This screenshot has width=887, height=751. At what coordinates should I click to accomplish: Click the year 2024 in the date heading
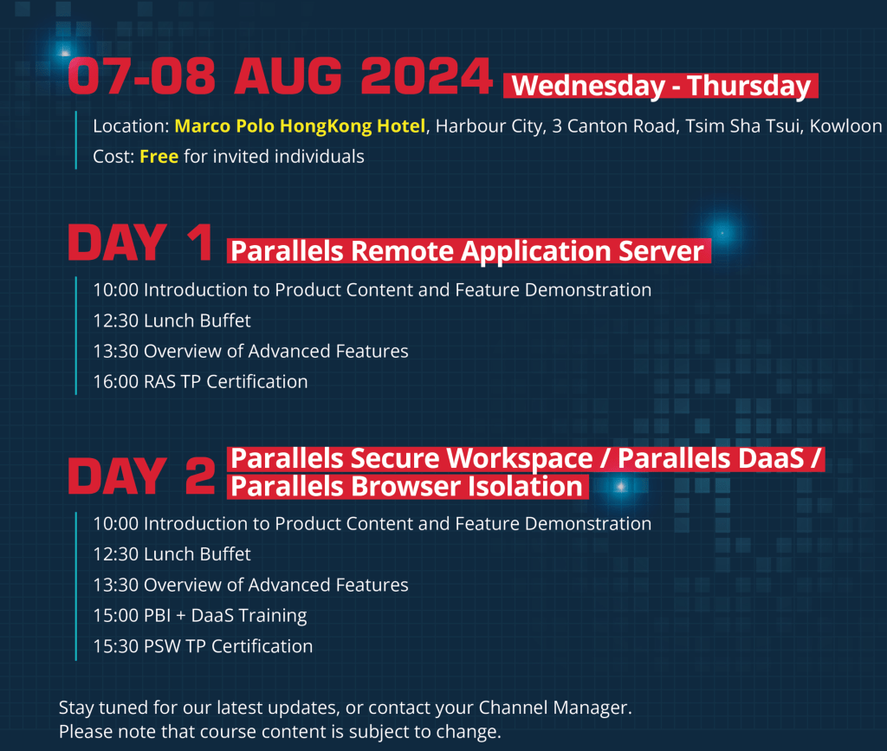[x=426, y=75]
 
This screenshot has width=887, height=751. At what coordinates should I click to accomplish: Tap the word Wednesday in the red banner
[x=588, y=86]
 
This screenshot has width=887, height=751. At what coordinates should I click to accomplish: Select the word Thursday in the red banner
[x=749, y=86]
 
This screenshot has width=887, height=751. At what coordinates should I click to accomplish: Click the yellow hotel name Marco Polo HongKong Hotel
[x=300, y=126]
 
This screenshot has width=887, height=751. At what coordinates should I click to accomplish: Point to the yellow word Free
[x=159, y=157]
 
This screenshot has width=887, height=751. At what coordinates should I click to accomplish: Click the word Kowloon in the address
[x=845, y=126]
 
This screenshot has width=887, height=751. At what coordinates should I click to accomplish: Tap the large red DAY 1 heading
[x=140, y=243]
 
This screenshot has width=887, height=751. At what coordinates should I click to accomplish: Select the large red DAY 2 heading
[x=141, y=476]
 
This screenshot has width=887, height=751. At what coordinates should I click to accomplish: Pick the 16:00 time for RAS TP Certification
[x=115, y=382]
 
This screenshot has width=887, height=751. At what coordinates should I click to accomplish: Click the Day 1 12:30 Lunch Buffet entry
[x=172, y=320]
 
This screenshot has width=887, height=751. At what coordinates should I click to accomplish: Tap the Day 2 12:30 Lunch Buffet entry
[x=172, y=554]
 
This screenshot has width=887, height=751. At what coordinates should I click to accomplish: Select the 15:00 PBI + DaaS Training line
[x=200, y=615]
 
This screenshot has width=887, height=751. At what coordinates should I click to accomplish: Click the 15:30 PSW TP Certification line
[x=203, y=646]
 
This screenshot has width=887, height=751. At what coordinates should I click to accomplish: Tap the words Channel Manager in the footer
[x=553, y=708]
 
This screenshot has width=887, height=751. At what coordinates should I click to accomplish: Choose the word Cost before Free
[x=111, y=157]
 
